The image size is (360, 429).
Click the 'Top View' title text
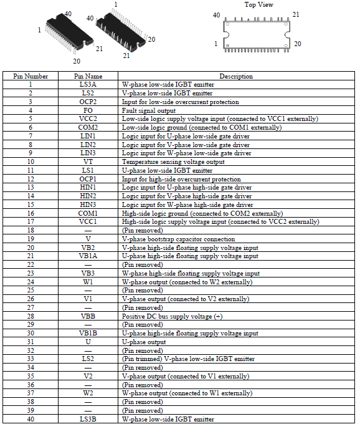point(258,4)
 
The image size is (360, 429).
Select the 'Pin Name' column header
point(88,76)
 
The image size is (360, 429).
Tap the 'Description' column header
point(236,76)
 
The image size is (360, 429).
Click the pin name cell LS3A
point(88,85)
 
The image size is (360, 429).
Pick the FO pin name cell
point(88,110)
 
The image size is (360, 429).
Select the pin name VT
point(88,161)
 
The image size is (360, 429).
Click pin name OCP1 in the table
point(88,179)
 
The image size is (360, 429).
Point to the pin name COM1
point(88,213)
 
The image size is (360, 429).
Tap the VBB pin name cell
point(88,316)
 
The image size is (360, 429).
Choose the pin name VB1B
point(88,333)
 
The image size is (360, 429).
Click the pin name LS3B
point(88,419)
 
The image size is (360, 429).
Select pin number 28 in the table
point(31,316)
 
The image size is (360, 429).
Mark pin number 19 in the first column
point(31,239)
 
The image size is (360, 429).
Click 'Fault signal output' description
point(149,110)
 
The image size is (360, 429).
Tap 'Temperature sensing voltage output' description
point(173,161)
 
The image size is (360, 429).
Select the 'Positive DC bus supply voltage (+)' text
point(172,317)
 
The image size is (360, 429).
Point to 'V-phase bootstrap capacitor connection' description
point(179,239)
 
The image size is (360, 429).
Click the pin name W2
point(88,393)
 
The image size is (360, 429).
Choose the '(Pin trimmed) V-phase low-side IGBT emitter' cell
point(188,359)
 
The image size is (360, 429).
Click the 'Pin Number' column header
point(31,76)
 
